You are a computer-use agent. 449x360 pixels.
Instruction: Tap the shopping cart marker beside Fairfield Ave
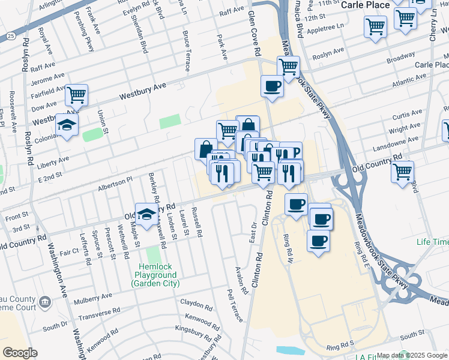76,95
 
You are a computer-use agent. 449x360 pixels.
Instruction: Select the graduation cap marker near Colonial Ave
67,125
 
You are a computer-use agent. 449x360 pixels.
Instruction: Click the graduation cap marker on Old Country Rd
146,215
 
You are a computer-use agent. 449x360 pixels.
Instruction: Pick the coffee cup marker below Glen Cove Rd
272,86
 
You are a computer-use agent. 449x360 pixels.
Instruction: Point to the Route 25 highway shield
11,37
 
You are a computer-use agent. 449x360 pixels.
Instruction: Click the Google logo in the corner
20,352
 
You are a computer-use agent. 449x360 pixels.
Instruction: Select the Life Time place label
432,242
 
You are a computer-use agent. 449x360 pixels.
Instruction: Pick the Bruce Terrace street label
186,51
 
